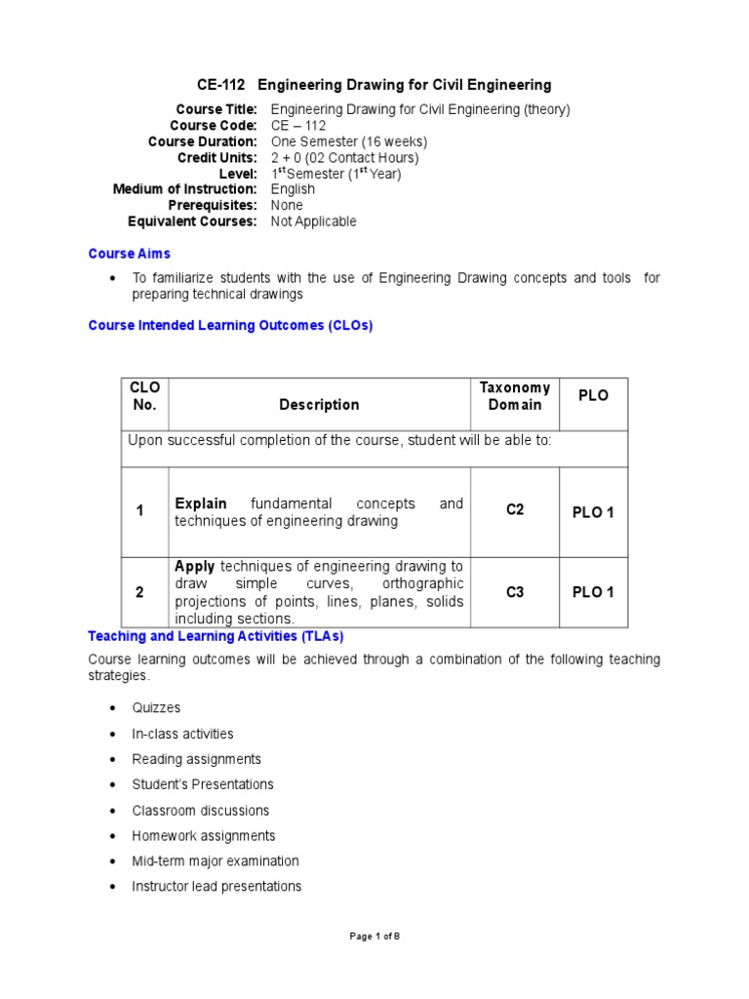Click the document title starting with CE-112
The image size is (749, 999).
(374, 85)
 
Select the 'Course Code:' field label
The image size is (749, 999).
(213, 126)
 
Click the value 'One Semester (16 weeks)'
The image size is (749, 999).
(348, 141)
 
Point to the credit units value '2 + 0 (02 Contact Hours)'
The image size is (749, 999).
(344, 157)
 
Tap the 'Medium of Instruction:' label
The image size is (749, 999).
(184, 189)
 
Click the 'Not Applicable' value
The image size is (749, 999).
(313, 221)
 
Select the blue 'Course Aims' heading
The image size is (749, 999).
(129, 254)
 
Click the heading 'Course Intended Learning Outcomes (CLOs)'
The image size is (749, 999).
(230, 326)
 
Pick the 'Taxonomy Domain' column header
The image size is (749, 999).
(514, 396)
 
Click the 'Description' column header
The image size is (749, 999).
(319, 404)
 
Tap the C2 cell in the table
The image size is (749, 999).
(515, 510)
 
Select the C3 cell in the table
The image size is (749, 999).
(515, 591)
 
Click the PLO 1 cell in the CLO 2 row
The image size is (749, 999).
(593, 592)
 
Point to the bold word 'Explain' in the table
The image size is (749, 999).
(201, 503)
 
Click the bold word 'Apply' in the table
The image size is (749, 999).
(195, 567)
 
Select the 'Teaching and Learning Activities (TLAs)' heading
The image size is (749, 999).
(216, 636)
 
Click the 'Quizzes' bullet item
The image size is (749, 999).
(156, 708)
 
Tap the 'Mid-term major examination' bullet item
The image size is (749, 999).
(215, 861)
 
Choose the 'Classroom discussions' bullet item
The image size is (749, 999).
(200, 811)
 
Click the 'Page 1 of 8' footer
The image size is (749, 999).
(374, 937)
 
